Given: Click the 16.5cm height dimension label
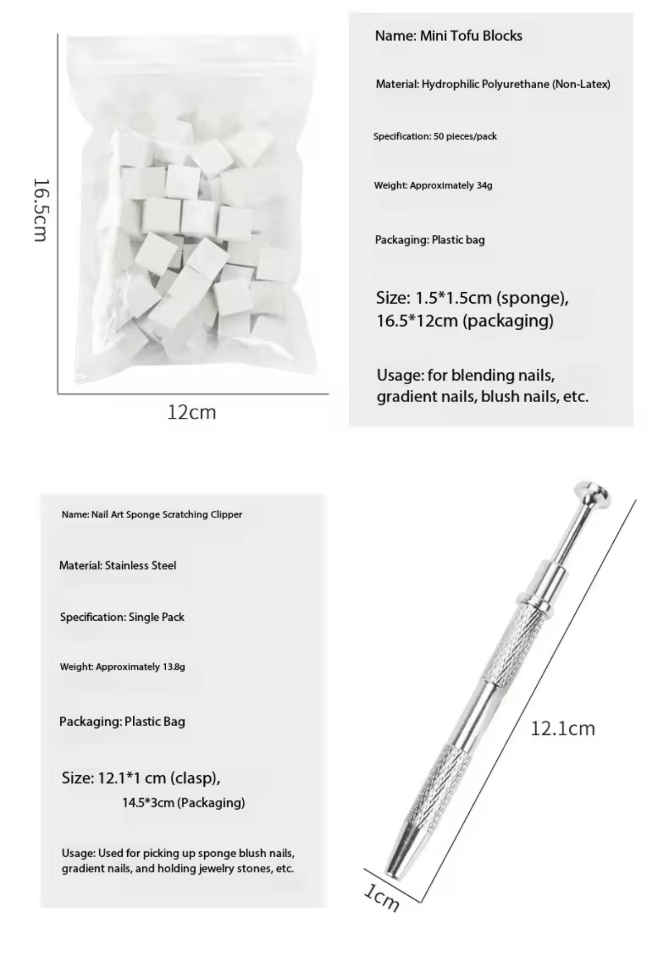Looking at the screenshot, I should click(41, 209).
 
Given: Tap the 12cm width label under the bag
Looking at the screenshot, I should click(192, 412).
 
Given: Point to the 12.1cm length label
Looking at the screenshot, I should click(563, 729).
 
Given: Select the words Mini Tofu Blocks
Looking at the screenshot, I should click(471, 36).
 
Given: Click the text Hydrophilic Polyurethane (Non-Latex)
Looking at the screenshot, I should click(515, 85).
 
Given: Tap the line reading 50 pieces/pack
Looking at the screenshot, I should click(465, 136).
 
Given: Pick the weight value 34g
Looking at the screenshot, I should click(484, 185).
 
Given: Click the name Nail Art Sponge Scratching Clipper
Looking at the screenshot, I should click(166, 514).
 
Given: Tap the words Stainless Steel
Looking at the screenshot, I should click(140, 566).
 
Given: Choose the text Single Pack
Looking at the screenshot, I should click(156, 617).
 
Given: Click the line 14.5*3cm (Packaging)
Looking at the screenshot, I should click(183, 803).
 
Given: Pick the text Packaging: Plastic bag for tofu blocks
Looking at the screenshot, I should click(429, 240).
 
